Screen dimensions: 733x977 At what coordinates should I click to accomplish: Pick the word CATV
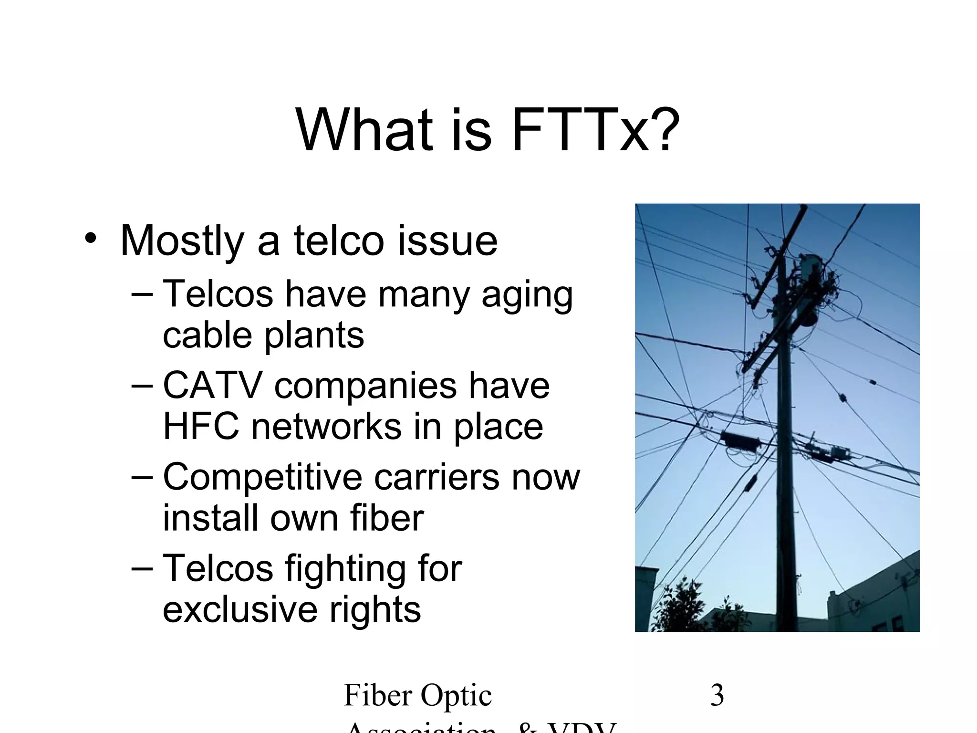pos(213,385)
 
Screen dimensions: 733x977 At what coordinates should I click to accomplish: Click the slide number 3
pos(717,695)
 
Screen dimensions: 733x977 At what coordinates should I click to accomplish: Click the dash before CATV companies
pos(142,386)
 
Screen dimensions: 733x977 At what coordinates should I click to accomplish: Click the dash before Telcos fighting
pos(142,569)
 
